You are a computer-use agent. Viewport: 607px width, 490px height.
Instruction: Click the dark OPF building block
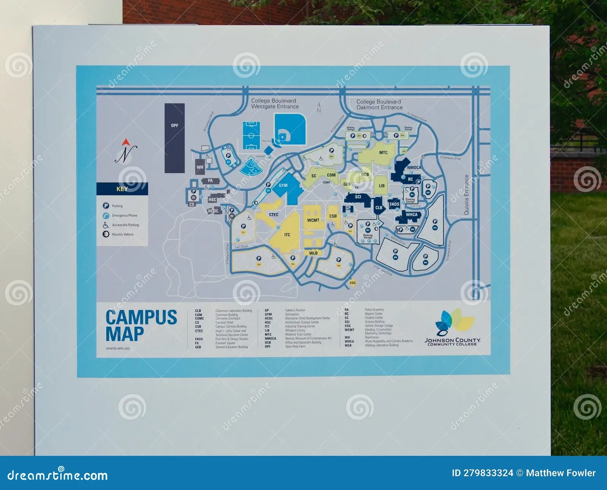[175, 138]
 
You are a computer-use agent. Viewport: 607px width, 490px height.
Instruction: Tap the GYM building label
[283, 186]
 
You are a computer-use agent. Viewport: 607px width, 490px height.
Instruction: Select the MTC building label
[384, 153]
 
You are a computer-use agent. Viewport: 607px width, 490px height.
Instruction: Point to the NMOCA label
[414, 167]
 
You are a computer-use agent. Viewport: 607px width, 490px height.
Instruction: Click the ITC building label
[287, 235]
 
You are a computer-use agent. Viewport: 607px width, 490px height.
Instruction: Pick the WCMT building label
[313, 220]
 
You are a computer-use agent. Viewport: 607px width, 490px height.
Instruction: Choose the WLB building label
[313, 253]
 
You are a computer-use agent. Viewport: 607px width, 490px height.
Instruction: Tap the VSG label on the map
[353, 283]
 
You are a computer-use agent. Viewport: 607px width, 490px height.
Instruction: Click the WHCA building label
[412, 215]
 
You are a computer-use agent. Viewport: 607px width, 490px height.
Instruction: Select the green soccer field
[251, 135]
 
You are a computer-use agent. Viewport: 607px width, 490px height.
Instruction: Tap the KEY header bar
[122, 189]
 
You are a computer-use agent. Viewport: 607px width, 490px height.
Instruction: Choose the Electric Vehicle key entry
[123, 235]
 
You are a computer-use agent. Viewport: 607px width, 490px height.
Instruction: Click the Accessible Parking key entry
[125, 225]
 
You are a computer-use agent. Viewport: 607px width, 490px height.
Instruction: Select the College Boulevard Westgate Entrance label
[275, 104]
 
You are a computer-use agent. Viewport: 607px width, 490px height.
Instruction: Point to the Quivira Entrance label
[467, 195]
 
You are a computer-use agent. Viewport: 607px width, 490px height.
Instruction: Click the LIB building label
[382, 186]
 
